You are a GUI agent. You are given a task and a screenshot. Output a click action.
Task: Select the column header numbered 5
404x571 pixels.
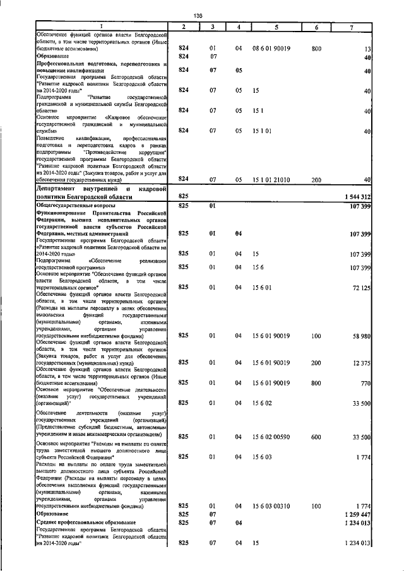pos(276,26)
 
